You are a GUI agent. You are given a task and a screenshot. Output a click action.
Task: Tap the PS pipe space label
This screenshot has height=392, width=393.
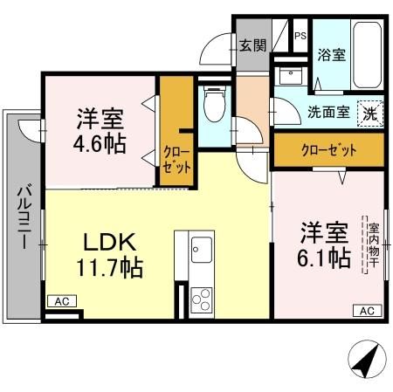click(300, 36)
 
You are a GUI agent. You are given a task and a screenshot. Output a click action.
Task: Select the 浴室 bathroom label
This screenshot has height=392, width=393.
click(331, 53)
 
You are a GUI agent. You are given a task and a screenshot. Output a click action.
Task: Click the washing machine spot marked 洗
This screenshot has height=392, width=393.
click(370, 113)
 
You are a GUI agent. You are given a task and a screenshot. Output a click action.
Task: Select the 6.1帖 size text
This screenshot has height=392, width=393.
click(327, 258)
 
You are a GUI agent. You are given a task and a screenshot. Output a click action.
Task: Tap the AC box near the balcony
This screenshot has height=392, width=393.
click(61, 301)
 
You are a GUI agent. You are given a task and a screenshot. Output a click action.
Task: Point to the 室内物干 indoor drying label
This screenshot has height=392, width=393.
click(370, 244)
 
